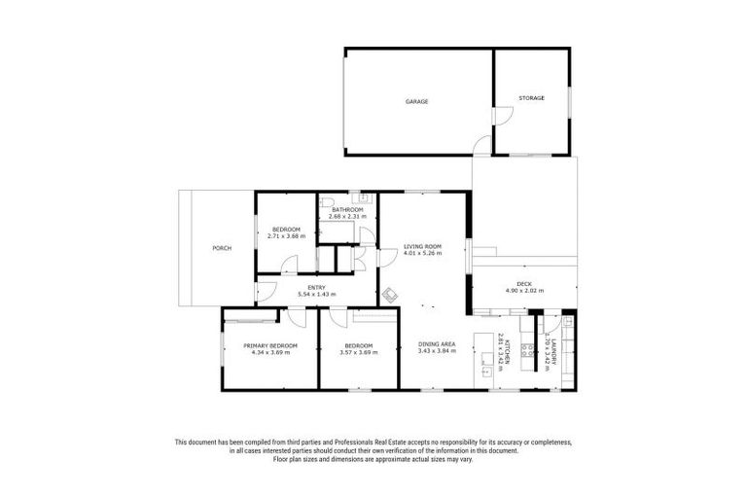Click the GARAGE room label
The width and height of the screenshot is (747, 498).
417,101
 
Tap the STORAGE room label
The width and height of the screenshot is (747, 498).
531,98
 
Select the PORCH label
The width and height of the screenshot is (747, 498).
222,248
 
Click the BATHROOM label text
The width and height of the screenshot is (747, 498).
347,210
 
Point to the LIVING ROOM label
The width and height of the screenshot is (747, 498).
422,247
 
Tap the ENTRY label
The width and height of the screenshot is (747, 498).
316,287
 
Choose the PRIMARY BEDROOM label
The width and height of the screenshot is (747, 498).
270,345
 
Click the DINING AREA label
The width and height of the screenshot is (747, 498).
437,345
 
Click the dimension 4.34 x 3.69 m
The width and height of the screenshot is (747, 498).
270,352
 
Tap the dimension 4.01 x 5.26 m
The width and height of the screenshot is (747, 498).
422,254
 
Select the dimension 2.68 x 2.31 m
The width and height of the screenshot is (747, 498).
347,217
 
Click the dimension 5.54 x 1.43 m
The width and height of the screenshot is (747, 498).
316,294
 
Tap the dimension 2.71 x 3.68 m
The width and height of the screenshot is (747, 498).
286,236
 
